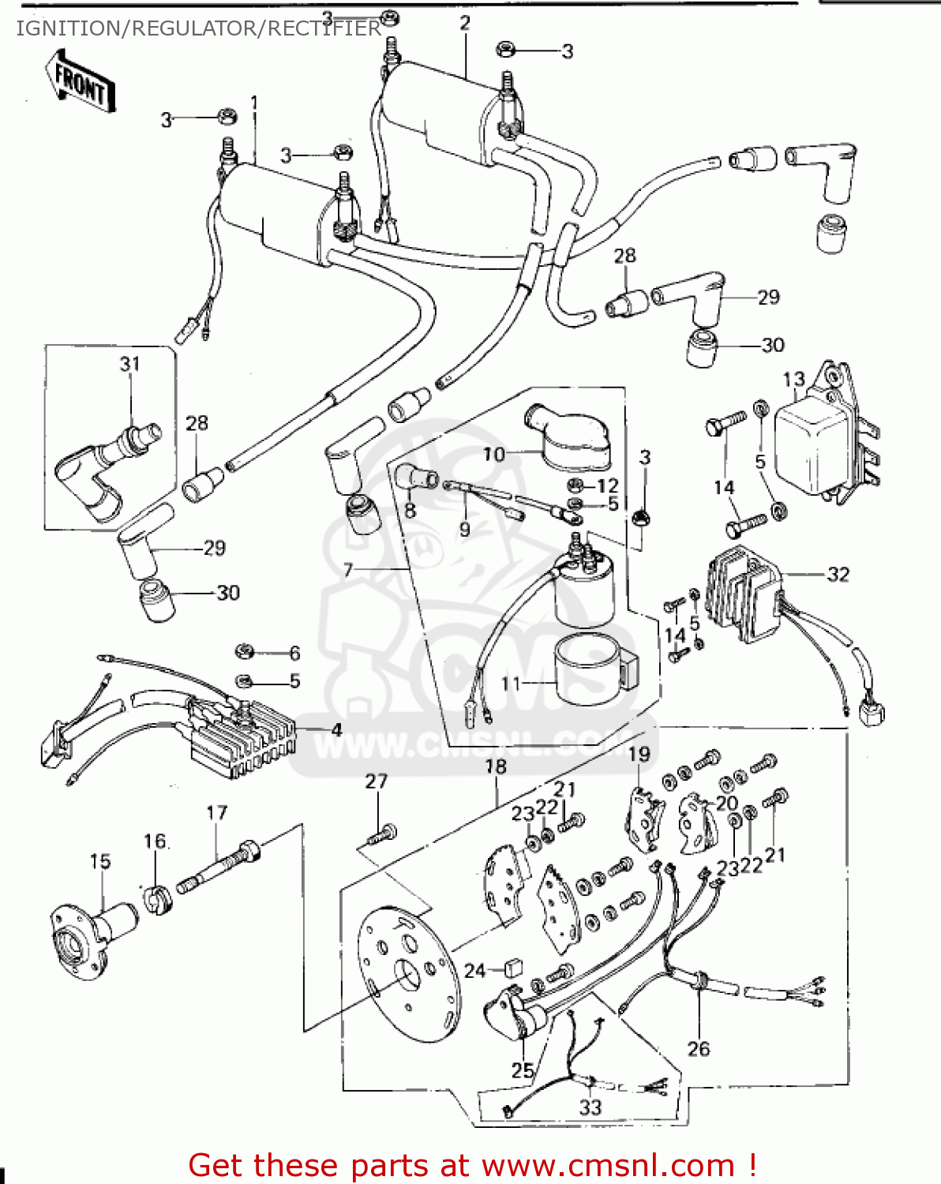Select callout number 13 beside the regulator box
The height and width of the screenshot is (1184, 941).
pyautogui.click(x=793, y=380)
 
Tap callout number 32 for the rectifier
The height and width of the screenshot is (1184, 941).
pyautogui.click(x=838, y=575)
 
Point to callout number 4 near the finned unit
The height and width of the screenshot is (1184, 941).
pyautogui.click(x=336, y=729)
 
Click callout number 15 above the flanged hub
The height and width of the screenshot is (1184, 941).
pyautogui.click(x=100, y=861)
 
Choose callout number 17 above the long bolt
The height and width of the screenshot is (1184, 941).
pyautogui.click(x=217, y=812)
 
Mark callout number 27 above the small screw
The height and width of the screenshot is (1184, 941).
pyautogui.click(x=377, y=781)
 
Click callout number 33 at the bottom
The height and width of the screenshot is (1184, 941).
pyautogui.click(x=590, y=1107)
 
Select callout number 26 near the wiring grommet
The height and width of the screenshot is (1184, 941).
pyautogui.click(x=699, y=1048)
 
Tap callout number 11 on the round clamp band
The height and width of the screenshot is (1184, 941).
pyautogui.click(x=512, y=684)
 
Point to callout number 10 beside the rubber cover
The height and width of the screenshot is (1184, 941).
pyautogui.click(x=494, y=455)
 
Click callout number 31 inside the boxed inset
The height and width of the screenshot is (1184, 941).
pyautogui.click(x=129, y=364)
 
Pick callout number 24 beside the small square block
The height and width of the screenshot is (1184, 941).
pyautogui.click(x=474, y=970)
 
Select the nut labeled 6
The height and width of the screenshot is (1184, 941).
pyautogui.click(x=244, y=651)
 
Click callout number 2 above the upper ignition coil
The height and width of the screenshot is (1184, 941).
pyautogui.click(x=464, y=24)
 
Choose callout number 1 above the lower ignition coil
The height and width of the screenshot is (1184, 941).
pyautogui.click(x=254, y=103)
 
